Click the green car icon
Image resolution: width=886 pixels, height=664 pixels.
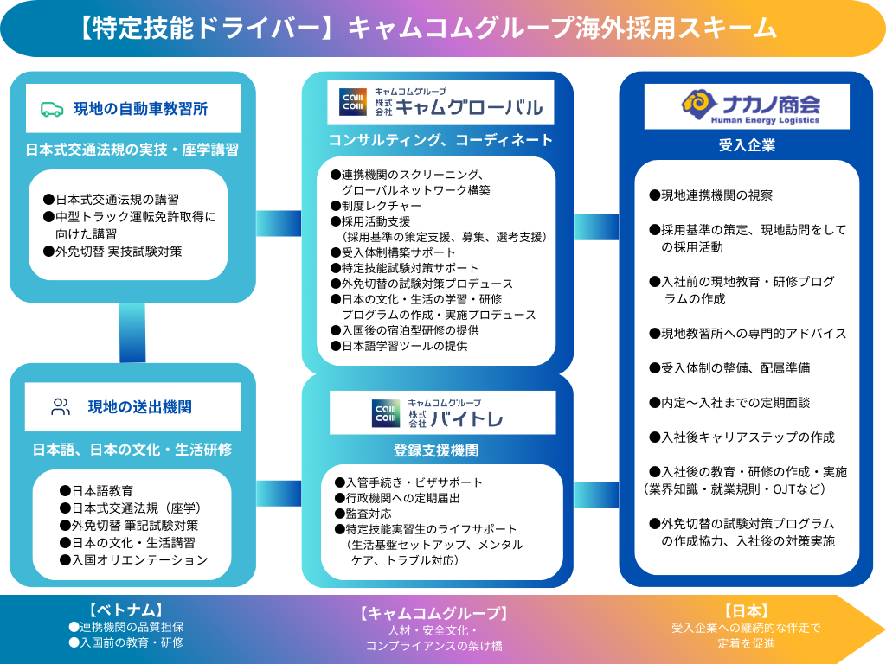pos(52,109)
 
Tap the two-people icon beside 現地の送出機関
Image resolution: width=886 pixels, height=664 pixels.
pos(61,407)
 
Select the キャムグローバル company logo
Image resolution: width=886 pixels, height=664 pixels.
pos(440,103)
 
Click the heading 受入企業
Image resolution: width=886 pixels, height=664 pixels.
pos(747,145)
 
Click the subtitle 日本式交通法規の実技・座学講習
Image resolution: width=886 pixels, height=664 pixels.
pos(132,150)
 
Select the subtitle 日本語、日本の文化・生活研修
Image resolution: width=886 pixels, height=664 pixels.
pos(132,450)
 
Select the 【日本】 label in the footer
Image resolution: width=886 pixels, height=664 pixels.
pos(745,610)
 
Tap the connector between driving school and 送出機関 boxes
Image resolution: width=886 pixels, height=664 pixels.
pos(132,333)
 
